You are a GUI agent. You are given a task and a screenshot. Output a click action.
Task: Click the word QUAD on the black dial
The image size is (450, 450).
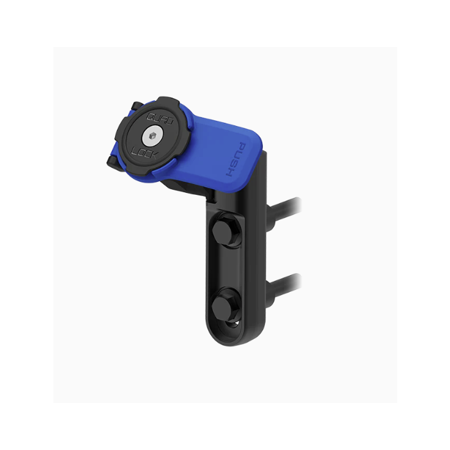[160, 118]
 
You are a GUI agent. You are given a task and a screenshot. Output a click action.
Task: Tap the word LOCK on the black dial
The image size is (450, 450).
[144, 152]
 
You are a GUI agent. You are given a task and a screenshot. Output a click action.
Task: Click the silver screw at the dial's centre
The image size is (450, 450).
[153, 136]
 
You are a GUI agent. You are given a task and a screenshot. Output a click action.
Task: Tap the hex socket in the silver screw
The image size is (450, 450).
[153, 135]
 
